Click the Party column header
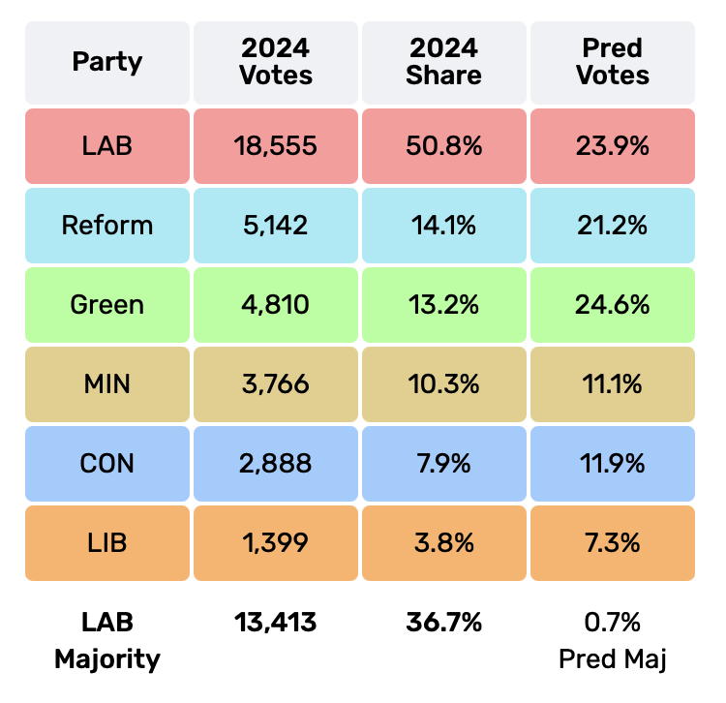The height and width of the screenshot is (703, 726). click(107, 62)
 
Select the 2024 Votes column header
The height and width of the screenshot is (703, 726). click(276, 62)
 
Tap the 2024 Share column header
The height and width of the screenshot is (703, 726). click(444, 62)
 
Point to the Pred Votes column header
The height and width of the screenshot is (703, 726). click(613, 62)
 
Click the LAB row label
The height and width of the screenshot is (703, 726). click(107, 146)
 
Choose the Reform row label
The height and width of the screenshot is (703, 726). click(107, 226)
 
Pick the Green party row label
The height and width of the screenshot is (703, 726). click(107, 305)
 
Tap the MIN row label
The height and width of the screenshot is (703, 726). click(107, 384)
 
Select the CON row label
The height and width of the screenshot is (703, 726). click(107, 464)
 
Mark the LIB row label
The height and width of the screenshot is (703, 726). click(107, 543)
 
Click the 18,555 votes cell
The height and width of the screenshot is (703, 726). click(276, 146)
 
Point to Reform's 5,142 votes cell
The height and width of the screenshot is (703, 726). click(276, 226)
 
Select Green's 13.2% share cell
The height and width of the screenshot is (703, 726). click(444, 305)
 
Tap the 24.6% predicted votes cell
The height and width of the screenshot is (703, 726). click(613, 305)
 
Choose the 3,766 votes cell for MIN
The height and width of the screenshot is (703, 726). click(276, 384)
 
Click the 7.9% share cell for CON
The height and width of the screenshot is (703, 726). click(444, 464)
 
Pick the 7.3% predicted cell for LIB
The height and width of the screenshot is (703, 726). click(613, 543)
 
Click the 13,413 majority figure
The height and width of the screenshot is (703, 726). click(276, 623)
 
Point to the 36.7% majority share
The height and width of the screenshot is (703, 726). click(444, 623)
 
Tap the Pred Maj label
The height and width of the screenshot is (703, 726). click(613, 659)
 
